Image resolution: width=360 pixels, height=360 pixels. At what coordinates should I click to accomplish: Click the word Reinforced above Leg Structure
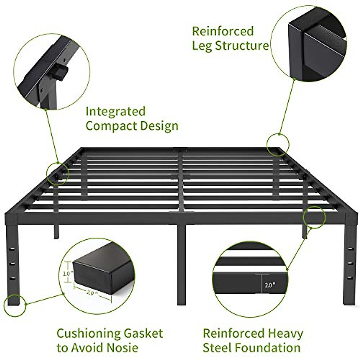(223, 31)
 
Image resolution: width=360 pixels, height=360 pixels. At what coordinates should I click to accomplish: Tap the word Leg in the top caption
(202, 46)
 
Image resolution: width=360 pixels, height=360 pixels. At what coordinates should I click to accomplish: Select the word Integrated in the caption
(115, 111)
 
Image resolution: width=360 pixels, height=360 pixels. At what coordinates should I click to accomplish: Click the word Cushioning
(88, 334)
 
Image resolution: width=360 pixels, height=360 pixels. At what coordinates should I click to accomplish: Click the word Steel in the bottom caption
(217, 348)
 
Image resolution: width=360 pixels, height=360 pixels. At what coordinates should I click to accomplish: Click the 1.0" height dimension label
(68, 274)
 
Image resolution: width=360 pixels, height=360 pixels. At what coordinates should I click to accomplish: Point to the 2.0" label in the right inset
(270, 285)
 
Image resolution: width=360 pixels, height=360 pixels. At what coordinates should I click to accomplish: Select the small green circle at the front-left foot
(15, 305)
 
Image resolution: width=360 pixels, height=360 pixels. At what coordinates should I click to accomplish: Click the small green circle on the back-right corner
(278, 145)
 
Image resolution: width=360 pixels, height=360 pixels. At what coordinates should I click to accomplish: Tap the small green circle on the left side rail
(58, 173)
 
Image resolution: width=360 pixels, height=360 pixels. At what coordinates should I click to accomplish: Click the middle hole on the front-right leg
(349, 263)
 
